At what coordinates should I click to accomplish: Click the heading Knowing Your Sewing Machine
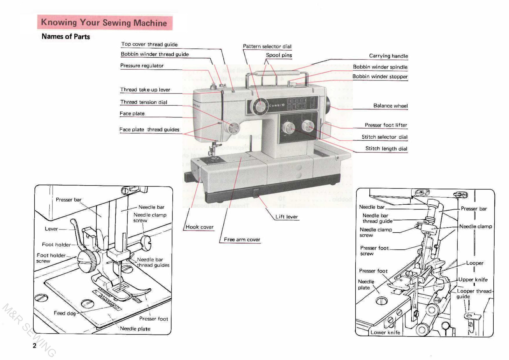104,23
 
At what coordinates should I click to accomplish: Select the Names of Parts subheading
66,37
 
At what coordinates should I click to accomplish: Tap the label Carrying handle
388,56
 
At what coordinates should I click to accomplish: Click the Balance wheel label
390,106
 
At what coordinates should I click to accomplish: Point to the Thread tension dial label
143,102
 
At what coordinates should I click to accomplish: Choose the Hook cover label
199,227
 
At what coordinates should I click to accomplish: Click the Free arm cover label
242,239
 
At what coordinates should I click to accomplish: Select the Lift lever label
286,217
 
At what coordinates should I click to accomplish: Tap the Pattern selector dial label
267,46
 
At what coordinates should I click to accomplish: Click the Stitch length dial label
386,149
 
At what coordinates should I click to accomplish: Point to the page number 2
34,346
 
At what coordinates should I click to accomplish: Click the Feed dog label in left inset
65,313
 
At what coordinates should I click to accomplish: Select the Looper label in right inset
475,263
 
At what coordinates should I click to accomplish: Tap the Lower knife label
385,332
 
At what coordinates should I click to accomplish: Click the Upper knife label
473,280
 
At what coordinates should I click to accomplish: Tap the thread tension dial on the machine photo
234,128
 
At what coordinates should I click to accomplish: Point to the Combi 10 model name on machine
277,105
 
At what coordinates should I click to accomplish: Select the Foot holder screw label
51,258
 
